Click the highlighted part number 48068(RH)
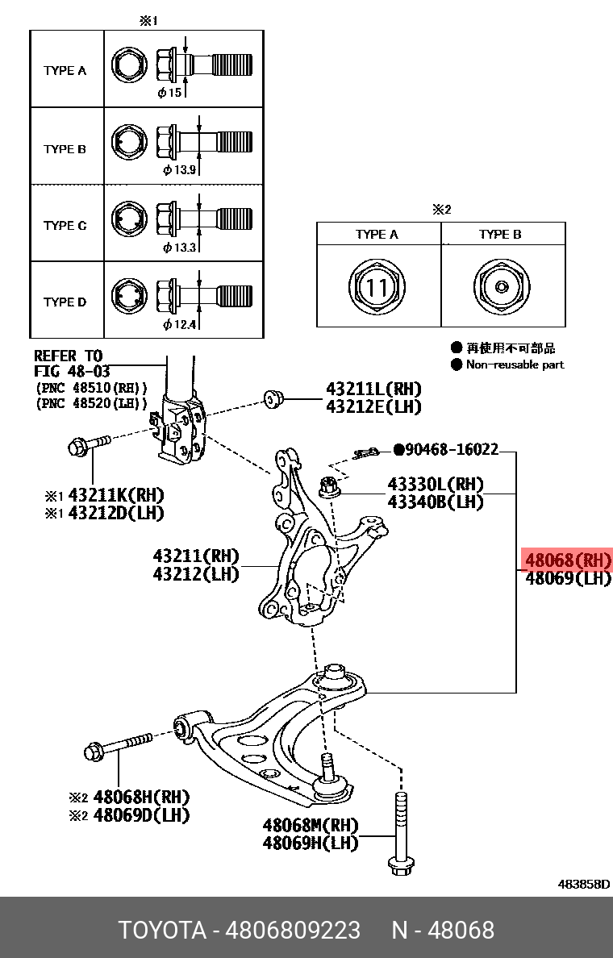[x=567, y=560]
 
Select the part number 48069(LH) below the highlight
[x=567, y=579]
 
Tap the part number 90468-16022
[x=451, y=449]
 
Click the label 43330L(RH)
[x=435, y=485]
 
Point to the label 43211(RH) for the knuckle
[x=196, y=556]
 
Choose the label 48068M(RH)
[x=310, y=825]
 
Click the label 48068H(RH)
[x=140, y=797]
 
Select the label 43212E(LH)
[x=373, y=407]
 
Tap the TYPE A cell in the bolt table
[x=65, y=71]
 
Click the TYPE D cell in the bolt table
[x=65, y=302]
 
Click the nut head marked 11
[x=377, y=287]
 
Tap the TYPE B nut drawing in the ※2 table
[x=500, y=287]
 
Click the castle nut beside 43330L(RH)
[x=329, y=486]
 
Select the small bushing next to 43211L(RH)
[x=273, y=398]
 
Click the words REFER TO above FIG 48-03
[x=68, y=356]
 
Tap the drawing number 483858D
[x=583, y=884]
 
